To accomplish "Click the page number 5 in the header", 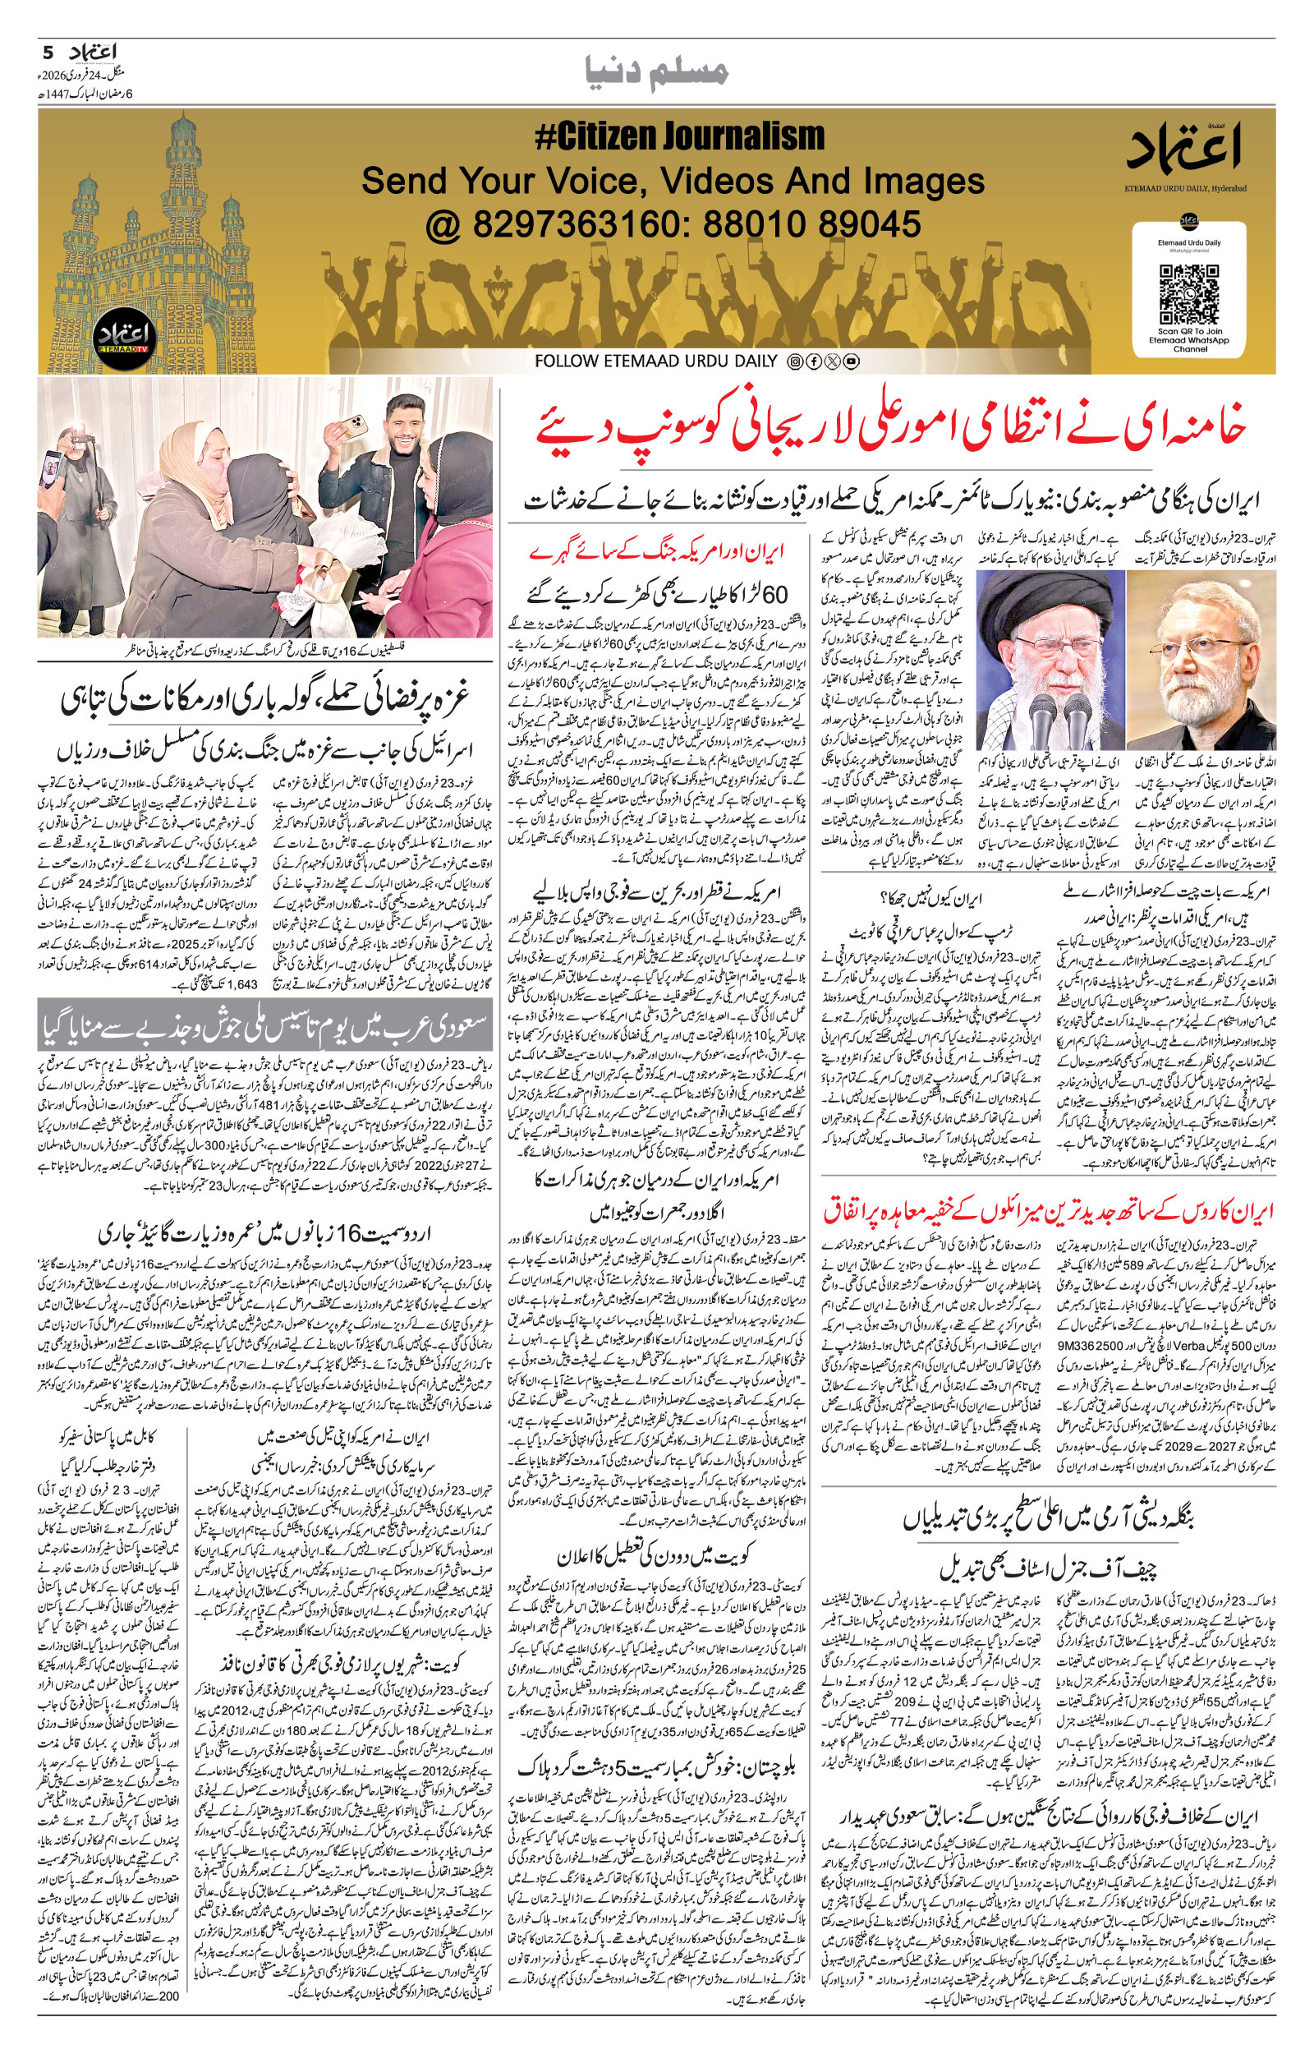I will pos(47,52).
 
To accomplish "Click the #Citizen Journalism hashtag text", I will pos(679,136).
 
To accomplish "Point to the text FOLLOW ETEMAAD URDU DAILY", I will pos(656,362).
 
